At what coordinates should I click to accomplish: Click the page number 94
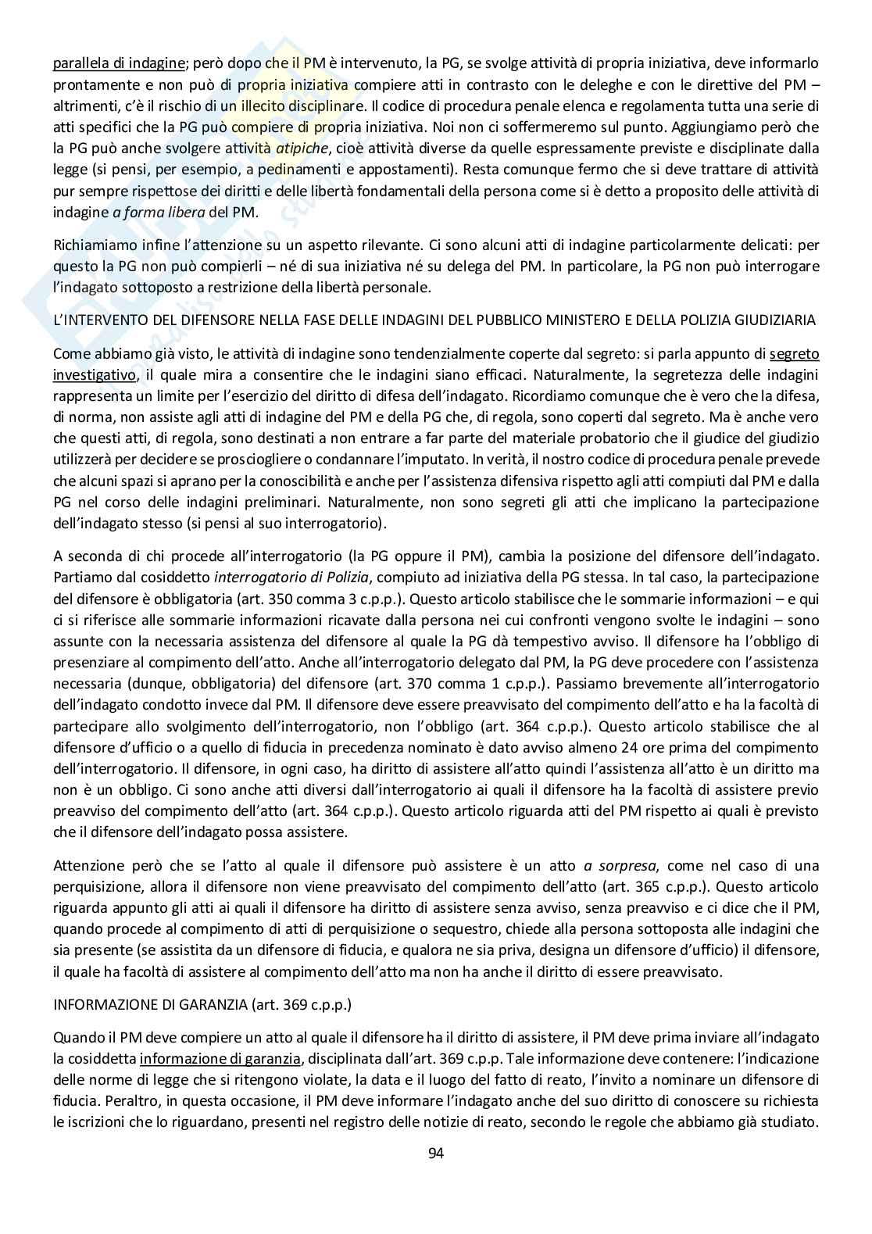436,1153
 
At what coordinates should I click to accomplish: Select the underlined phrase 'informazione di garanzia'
220,1059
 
